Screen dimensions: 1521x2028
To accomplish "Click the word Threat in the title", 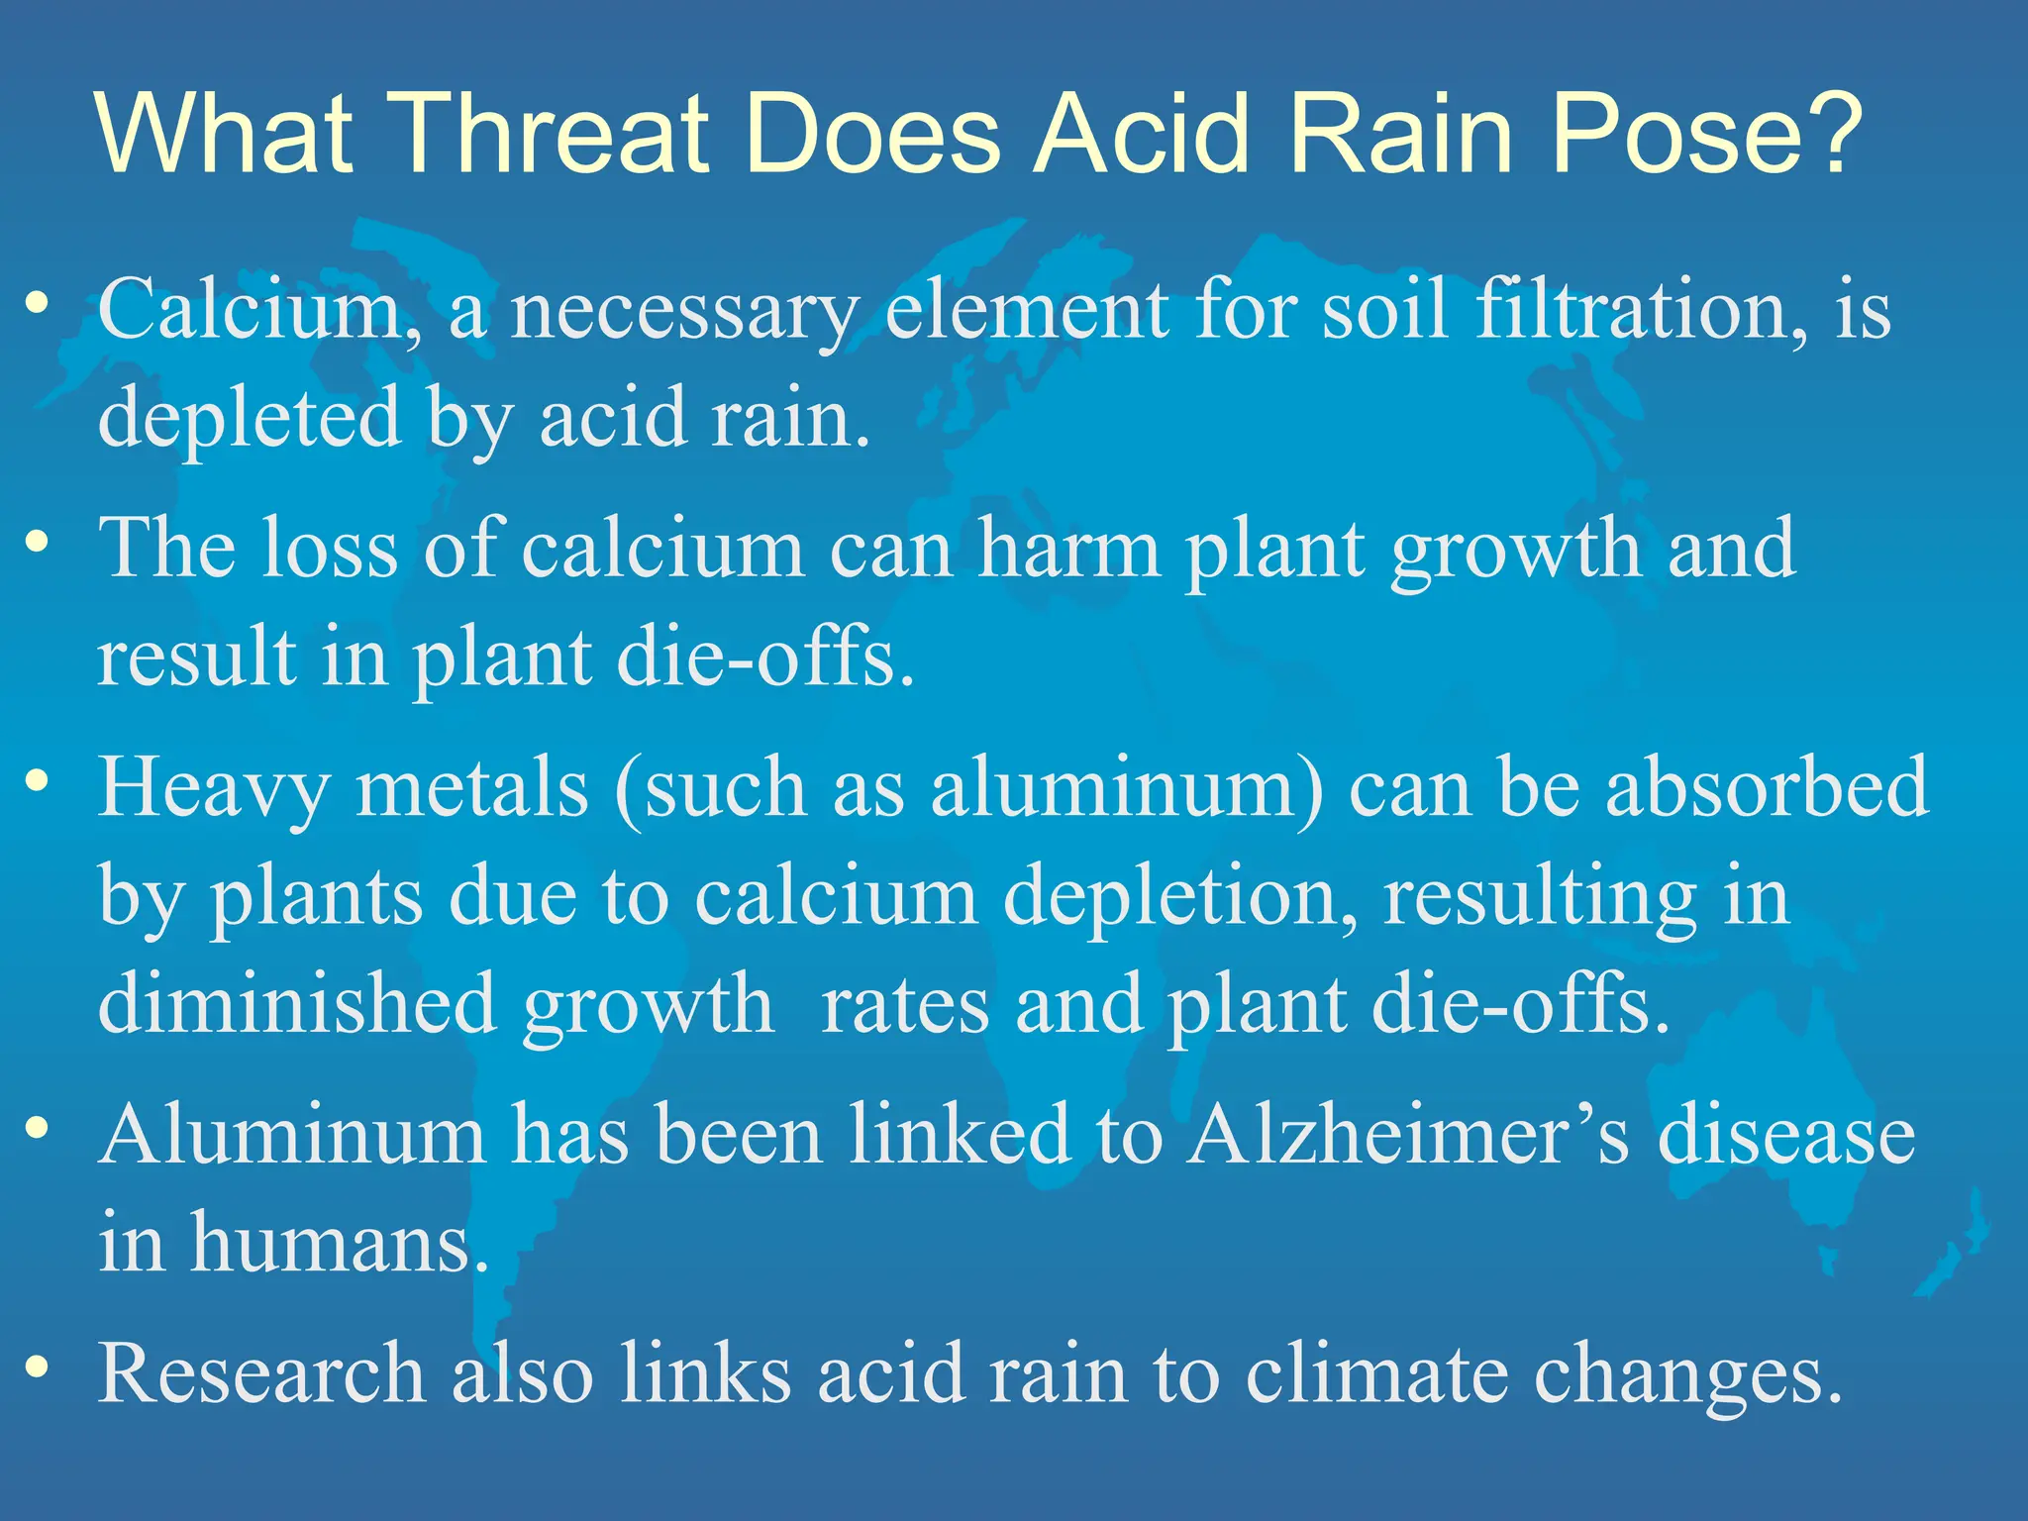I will click(550, 134).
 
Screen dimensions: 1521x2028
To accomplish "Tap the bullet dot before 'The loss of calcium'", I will click(38, 542).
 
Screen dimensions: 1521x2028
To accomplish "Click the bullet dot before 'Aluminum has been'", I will click(38, 1128).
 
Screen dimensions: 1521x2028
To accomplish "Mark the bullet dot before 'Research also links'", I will click(38, 1368).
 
